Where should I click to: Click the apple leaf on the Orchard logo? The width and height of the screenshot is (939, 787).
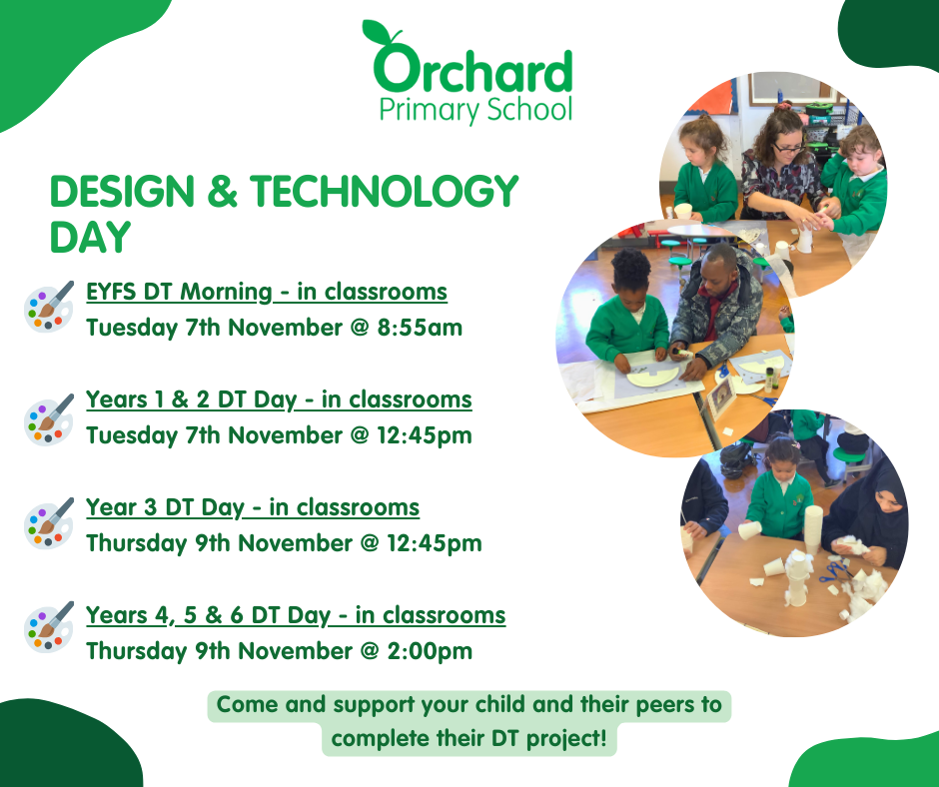click(x=376, y=31)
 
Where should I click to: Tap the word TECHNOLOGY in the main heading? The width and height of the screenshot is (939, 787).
click(x=384, y=192)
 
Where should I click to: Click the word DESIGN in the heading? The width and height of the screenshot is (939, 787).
click(x=122, y=192)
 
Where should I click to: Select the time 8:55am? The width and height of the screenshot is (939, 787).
click(x=420, y=328)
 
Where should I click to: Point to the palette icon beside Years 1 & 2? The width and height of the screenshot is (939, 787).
click(x=49, y=419)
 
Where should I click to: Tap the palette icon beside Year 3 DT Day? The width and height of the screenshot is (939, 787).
click(x=49, y=523)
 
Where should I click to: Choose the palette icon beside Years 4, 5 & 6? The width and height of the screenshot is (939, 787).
click(x=49, y=627)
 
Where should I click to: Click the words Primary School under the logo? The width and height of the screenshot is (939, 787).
click(x=476, y=110)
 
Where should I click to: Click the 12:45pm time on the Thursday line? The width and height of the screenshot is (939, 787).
click(x=435, y=543)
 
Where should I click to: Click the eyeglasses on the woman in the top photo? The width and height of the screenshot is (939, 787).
click(x=789, y=148)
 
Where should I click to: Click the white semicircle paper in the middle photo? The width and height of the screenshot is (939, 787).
click(x=652, y=377)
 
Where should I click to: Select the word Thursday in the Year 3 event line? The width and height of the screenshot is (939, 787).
click(x=137, y=543)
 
